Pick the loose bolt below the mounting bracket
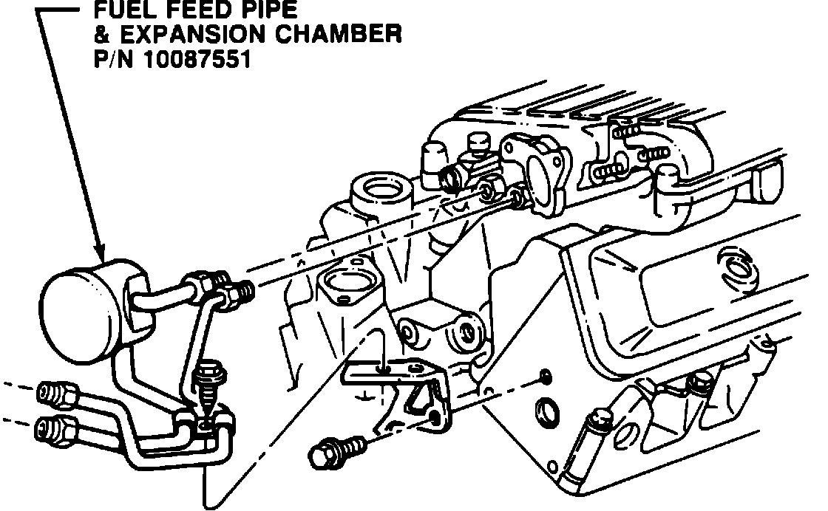click(x=336, y=449)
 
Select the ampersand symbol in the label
click(x=101, y=35)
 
